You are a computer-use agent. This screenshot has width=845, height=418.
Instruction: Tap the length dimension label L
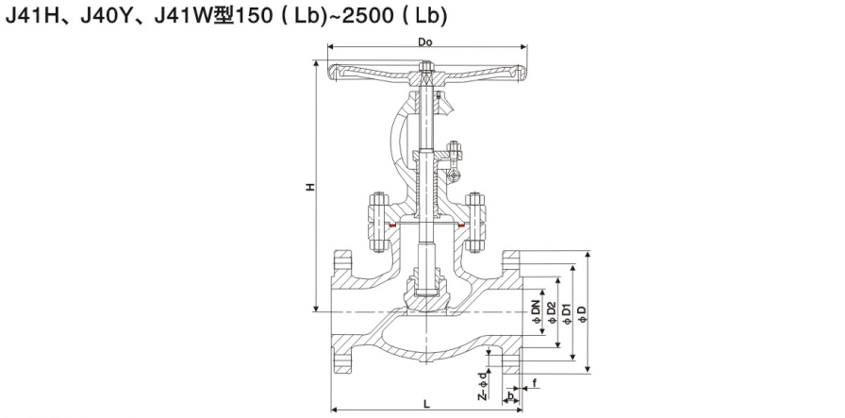(426, 404)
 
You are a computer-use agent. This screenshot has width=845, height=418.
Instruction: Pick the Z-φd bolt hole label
(483, 385)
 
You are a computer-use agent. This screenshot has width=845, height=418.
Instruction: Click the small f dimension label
(535, 383)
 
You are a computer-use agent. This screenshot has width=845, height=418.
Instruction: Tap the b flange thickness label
(511, 396)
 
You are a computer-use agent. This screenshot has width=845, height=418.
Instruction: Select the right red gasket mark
(460, 226)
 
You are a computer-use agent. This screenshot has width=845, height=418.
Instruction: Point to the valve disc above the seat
(426, 294)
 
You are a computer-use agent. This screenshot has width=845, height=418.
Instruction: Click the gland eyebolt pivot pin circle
(454, 176)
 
